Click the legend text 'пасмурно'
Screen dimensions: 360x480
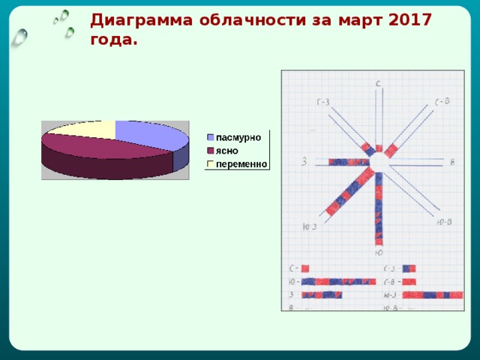(x=238, y=137)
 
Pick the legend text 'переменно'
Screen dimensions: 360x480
(x=241, y=163)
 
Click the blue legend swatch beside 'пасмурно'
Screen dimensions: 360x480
(x=211, y=137)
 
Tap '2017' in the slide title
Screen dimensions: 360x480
(x=411, y=20)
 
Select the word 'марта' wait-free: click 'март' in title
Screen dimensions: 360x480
(x=359, y=20)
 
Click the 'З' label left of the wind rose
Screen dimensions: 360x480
(x=304, y=161)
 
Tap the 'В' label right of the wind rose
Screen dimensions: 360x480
(x=452, y=162)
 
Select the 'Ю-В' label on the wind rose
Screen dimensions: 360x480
(x=443, y=221)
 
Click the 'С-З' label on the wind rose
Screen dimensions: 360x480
(x=322, y=102)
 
